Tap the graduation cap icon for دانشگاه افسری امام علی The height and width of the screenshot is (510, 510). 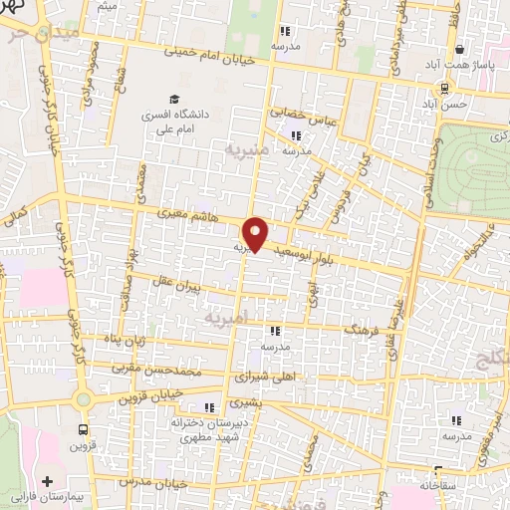(x=174, y=101)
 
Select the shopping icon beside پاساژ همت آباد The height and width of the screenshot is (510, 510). (x=459, y=48)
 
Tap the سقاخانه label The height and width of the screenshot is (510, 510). (x=440, y=484)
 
